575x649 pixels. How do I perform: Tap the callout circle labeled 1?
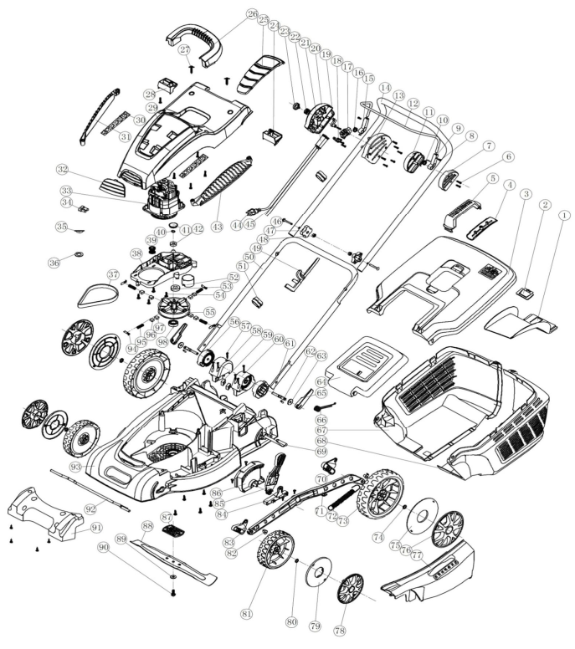[x=565, y=215]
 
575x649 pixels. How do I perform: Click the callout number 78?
[x=340, y=627]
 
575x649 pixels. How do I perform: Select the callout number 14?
[x=384, y=87]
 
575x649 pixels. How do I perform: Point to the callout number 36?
[x=54, y=263]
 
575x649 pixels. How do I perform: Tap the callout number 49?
[x=256, y=248]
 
